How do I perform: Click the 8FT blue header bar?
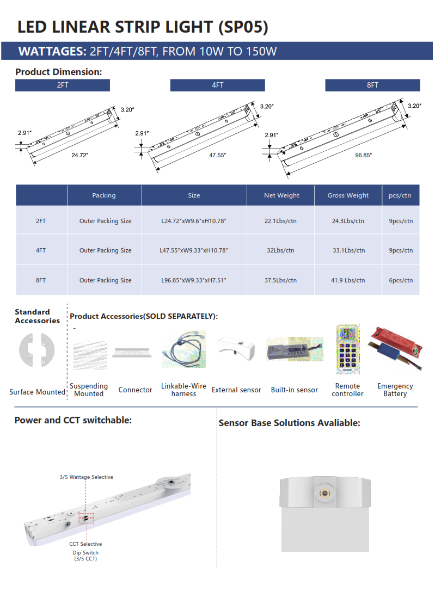372,85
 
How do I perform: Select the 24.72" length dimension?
79,155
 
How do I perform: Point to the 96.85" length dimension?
363,155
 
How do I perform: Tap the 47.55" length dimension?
217,155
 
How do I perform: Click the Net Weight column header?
281,195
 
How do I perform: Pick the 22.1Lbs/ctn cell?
281,221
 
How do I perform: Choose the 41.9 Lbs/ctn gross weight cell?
348,280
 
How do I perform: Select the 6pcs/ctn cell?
401,280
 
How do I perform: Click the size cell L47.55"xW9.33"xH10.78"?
194,250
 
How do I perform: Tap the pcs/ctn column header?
400,195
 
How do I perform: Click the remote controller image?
348,349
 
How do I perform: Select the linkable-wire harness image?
183,351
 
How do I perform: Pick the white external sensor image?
236,349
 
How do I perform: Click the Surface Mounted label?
37,392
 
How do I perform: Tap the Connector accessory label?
135,390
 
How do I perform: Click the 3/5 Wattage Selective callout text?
87,477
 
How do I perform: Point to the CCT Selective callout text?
85,544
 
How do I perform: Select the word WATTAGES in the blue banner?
52,52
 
